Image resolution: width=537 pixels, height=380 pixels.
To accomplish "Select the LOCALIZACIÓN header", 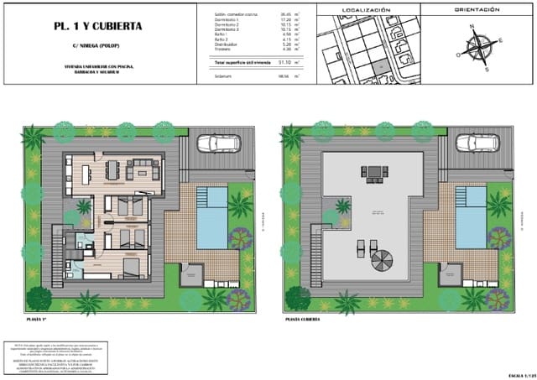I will pos(367,11).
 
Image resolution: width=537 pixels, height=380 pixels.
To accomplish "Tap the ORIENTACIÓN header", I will pos(478,11).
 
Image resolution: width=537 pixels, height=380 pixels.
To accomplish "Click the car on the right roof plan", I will pos(472,143).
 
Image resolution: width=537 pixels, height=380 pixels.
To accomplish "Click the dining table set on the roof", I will pos(373,174).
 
